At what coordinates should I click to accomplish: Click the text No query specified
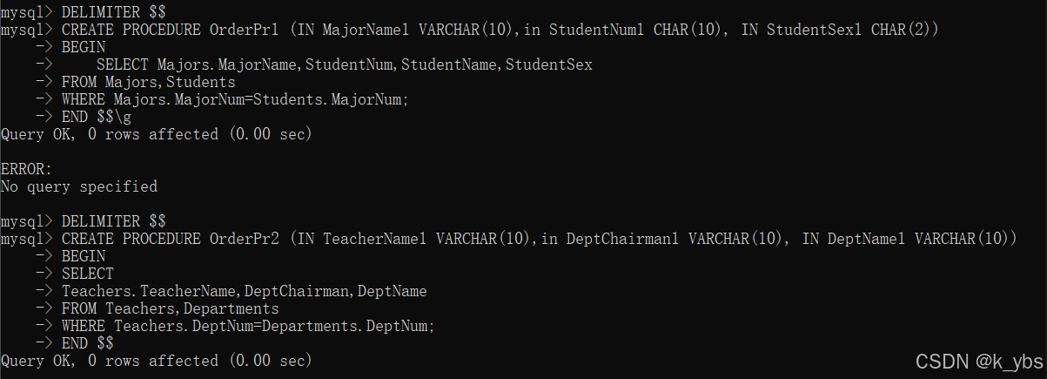[x=79, y=186]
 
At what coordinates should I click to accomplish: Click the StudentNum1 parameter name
[x=597, y=30]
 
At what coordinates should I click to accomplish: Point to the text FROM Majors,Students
[x=149, y=82]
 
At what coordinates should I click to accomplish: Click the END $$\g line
[x=97, y=117]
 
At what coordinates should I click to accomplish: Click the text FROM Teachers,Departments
[x=171, y=308]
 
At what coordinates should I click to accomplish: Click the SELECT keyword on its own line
[x=88, y=274]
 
